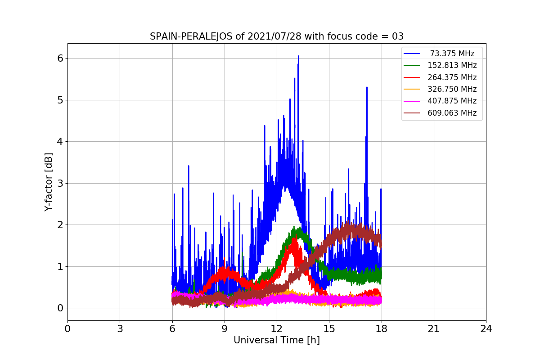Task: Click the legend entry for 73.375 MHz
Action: click(x=452, y=54)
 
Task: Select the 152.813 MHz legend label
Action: click(x=452, y=65)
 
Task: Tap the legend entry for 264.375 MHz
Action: click(x=452, y=77)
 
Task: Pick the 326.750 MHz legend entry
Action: click(x=452, y=89)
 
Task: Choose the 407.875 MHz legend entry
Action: click(x=452, y=101)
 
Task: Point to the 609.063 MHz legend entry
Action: click(x=452, y=113)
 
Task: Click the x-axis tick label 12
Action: click(x=277, y=329)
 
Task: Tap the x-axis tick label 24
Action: click(x=486, y=329)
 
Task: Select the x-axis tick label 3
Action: click(x=120, y=329)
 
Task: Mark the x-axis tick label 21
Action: click(x=434, y=329)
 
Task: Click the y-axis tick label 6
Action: click(x=60, y=58)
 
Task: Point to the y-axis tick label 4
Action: click(x=60, y=142)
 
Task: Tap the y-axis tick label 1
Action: click(x=60, y=267)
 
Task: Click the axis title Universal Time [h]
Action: click(x=277, y=341)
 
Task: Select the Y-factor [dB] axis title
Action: click(x=49, y=182)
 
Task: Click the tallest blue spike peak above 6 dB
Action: click(x=298, y=56)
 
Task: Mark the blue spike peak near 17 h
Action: click(x=367, y=87)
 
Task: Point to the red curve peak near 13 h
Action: click(x=295, y=238)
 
